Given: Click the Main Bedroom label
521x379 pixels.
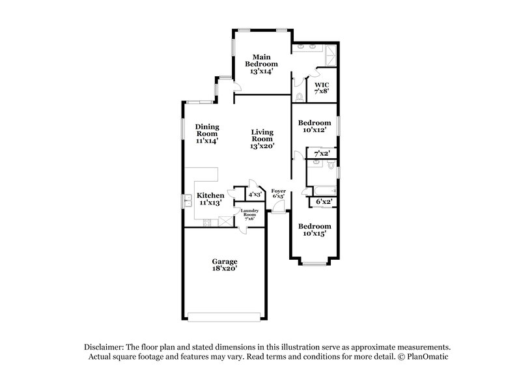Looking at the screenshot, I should [x=261, y=64].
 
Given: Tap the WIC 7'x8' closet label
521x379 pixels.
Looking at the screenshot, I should [x=322, y=89].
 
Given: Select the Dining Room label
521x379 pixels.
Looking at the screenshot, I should [x=207, y=133].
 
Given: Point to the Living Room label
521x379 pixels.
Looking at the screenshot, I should [x=261, y=139].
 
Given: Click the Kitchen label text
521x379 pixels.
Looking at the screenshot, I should [x=210, y=199].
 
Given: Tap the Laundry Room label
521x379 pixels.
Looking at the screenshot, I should [x=249, y=214].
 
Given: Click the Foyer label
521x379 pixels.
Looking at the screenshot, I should [x=278, y=193].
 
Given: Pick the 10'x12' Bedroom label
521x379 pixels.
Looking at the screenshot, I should [x=311, y=126].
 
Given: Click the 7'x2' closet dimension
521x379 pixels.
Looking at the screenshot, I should [x=322, y=154].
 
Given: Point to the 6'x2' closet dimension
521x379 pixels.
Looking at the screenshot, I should [x=324, y=202].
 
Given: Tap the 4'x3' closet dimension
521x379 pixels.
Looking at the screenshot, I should [x=255, y=194].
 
